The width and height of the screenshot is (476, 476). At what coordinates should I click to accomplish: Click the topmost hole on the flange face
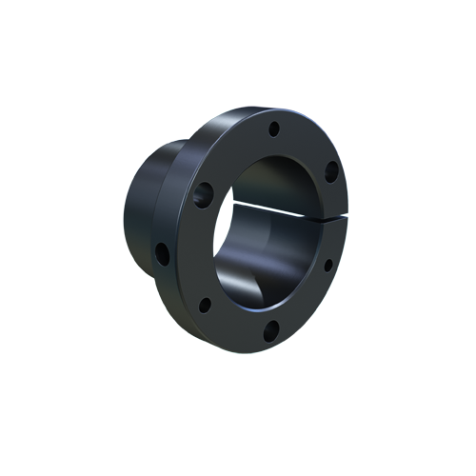pyautogui.click(x=274, y=128)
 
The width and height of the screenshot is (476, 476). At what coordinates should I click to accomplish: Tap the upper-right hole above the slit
pyautogui.click(x=330, y=171)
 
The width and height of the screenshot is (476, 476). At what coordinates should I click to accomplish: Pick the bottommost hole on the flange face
pyautogui.click(x=270, y=329)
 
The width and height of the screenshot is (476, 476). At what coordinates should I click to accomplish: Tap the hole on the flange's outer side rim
pyautogui.click(x=162, y=253)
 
